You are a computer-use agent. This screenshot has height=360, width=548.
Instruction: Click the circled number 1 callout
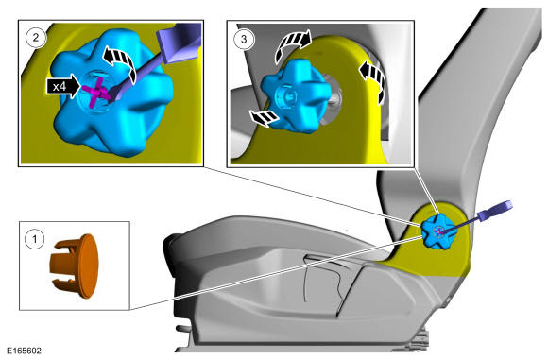pos(35,239)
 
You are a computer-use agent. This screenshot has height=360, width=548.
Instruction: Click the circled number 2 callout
pos(36,37)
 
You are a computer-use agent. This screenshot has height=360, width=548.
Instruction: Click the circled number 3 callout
pos(244,39)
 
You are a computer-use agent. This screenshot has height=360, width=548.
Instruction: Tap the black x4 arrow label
pos(63,86)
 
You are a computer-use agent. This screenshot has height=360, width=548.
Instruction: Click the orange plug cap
pos(76,266)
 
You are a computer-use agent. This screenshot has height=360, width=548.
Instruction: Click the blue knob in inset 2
pos(111,94)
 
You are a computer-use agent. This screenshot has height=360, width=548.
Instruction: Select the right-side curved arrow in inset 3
pos(374,79)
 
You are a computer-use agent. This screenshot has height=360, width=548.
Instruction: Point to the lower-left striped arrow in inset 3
pos(264,118)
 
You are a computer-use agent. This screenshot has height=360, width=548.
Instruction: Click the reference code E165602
pos(24,351)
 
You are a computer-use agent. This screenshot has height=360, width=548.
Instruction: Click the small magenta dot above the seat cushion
pos(347,231)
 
